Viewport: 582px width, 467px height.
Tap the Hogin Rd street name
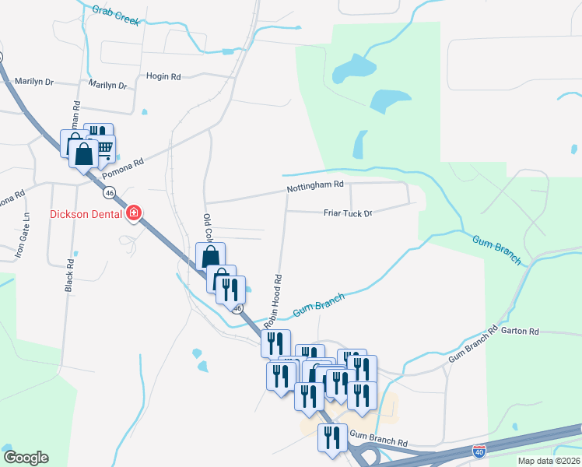[x=163, y=77]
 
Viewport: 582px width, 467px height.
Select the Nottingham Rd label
[x=315, y=185]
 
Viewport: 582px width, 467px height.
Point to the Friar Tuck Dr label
[x=348, y=212]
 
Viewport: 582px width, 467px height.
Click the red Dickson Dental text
[x=86, y=214]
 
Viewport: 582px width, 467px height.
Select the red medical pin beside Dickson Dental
[x=134, y=212]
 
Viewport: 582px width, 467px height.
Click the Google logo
[x=26, y=458]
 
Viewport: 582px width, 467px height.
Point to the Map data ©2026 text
[x=538, y=461]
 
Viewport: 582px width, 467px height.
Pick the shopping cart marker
[x=103, y=148]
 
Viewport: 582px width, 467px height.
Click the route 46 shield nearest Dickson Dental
[x=110, y=191]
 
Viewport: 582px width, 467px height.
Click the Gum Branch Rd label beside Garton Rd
[x=472, y=344]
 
